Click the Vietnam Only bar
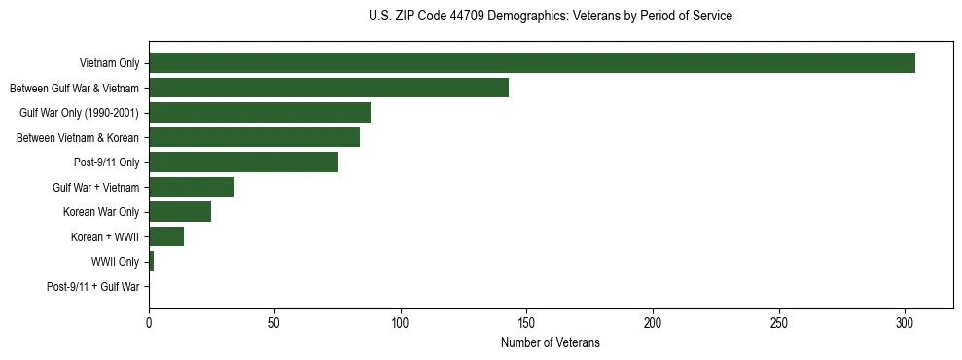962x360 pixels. point(531,63)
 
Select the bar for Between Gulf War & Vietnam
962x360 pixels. point(329,88)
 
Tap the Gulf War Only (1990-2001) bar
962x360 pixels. point(260,113)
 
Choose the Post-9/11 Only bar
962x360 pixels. point(243,162)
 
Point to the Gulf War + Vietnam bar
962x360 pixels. point(192,187)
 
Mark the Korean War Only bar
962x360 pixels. point(180,212)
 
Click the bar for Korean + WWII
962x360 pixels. point(166,236)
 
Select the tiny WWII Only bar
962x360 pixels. point(151,262)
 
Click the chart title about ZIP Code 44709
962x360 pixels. point(551,17)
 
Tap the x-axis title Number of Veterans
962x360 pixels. point(551,343)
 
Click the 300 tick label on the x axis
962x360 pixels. point(905,321)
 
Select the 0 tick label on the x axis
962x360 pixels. point(149,321)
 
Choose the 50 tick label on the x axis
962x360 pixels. point(275,321)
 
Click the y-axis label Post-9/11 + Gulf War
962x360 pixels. point(93,287)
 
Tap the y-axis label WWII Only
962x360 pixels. point(115,262)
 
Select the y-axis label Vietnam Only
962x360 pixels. point(109,63)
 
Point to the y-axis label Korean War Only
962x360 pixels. point(101,212)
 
